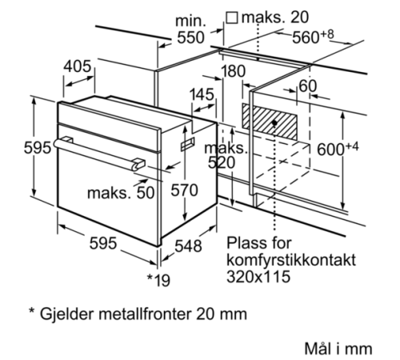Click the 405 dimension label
(78, 66)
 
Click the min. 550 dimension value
(191, 38)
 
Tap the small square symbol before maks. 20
(231, 18)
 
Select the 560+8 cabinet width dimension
(313, 37)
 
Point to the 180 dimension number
(234, 71)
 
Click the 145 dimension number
(202, 94)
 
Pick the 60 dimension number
(308, 86)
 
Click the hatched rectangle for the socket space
(270, 122)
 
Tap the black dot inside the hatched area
(274, 122)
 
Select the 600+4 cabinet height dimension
(338, 149)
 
